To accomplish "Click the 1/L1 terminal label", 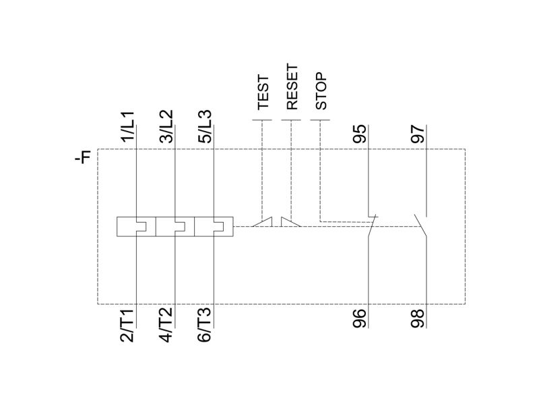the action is tap(127, 126).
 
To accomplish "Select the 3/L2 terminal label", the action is tap(166, 126).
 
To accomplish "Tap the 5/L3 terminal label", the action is tap(205, 126).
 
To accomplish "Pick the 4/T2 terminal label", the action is tap(166, 325).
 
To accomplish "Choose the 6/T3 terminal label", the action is tap(205, 325).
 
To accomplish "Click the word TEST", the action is tap(263, 92).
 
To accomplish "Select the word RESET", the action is tap(292, 87).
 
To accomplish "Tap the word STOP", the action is tap(321, 91).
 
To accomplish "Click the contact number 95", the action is tap(360, 134).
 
